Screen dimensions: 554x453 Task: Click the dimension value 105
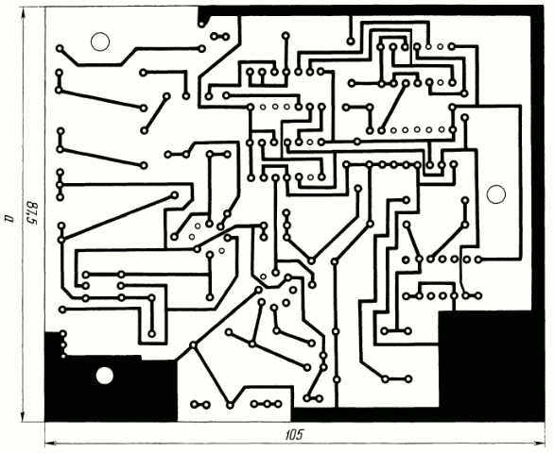294,435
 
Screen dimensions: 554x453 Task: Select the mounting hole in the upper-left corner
100,42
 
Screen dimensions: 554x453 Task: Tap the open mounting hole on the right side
496,194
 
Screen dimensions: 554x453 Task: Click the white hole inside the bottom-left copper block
105,376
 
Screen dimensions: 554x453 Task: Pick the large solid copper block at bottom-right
491,365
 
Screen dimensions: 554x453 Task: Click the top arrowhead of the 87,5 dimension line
24,12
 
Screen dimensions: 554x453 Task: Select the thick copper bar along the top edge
371,10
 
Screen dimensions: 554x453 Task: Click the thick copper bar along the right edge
538,159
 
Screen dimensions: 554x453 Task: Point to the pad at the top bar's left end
201,24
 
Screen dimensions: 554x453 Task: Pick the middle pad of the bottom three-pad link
267,404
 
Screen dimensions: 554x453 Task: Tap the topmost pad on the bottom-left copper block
63,333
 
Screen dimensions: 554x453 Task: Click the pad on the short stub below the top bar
351,42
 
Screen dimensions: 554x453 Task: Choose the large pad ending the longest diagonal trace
175,195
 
